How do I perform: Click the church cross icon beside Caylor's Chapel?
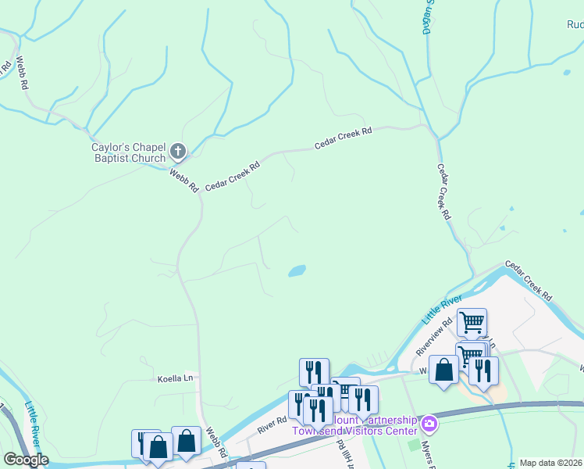point(179,151)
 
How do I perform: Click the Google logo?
point(26,460)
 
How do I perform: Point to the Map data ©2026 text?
point(550,463)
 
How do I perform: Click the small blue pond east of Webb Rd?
point(297,271)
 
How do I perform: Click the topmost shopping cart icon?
point(472,321)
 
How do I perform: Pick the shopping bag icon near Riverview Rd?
point(443,369)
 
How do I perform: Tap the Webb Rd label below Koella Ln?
point(216,442)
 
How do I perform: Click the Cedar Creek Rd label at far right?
point(529,281)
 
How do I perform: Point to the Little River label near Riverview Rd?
point(442,309)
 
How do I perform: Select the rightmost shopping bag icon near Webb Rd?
point(186,440)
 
